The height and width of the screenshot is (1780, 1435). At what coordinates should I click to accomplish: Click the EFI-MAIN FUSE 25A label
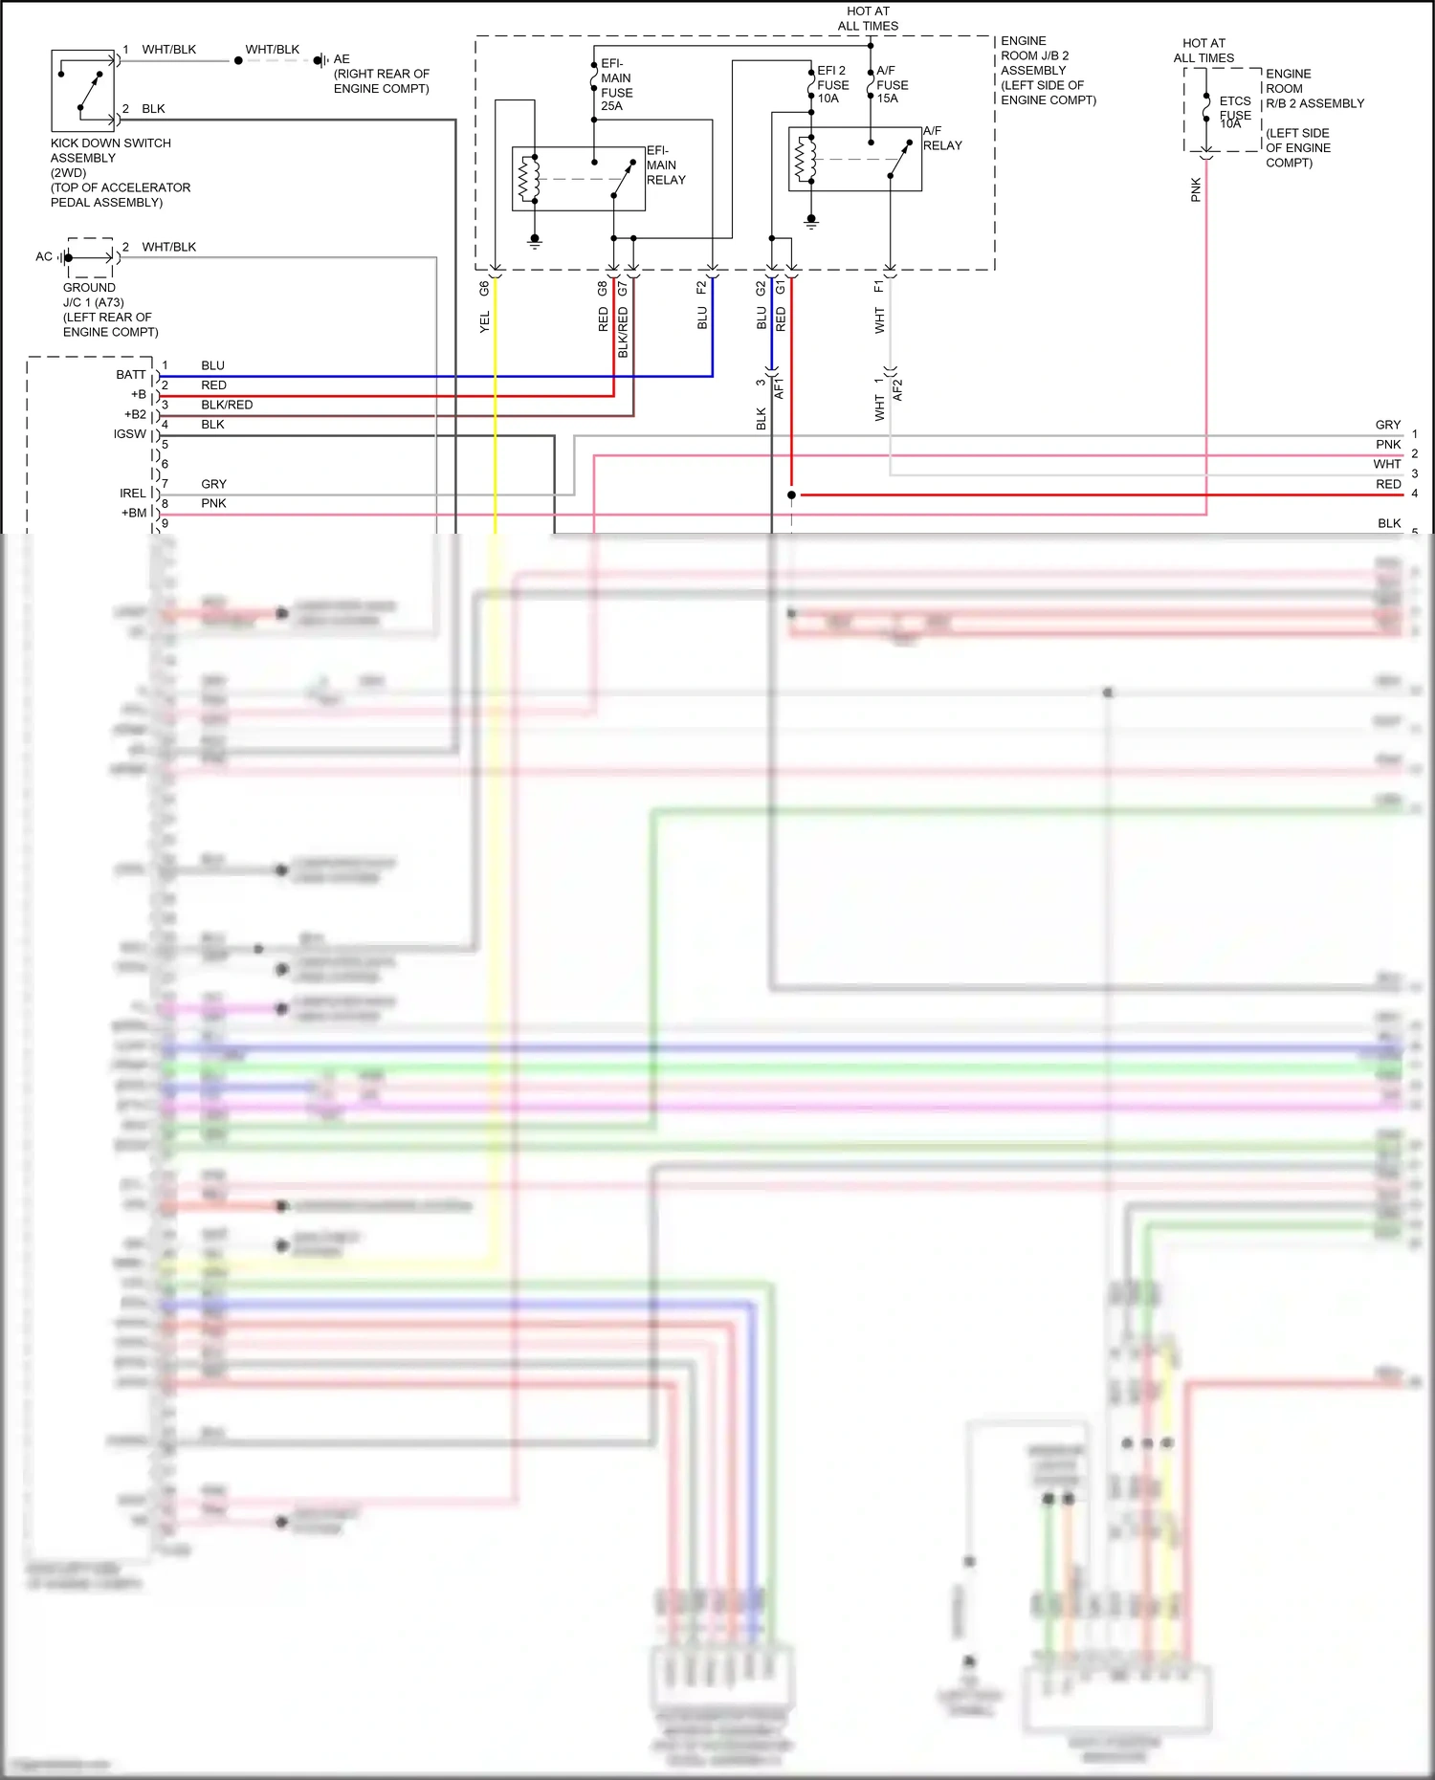pos(616,85)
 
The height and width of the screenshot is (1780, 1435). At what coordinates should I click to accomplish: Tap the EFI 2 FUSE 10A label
pos(832,84)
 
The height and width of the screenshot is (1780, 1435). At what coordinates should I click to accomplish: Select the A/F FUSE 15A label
pos(892,84)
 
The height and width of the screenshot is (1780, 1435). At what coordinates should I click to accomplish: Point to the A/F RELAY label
pos(942,138)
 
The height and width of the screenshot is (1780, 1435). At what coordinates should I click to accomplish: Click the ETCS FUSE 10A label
pos(1234,112)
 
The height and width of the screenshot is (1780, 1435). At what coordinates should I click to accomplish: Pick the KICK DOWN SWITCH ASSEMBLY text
pos(110,150)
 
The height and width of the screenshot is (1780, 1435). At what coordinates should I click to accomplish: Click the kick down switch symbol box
pos(82,90)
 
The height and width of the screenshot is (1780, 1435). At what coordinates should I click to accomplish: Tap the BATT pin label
pos(131,375)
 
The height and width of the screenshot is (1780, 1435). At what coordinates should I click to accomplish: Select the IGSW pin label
pos(130,434)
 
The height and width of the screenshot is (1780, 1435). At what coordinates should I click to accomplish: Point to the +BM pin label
pos(134,513)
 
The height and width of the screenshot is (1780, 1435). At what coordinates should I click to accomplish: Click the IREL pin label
pos(133,494)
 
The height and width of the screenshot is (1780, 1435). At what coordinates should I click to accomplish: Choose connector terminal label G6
pos(485,287)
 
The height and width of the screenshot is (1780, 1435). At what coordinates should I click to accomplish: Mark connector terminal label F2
pos(702,287)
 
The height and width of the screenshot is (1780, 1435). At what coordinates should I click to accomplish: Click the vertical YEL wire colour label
pos(485,322)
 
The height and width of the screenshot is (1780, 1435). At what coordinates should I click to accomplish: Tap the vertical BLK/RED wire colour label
pos(624,332)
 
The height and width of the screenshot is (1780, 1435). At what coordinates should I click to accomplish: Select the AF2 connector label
pos(897,389)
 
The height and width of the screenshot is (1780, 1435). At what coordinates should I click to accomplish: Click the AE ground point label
pos(342,59)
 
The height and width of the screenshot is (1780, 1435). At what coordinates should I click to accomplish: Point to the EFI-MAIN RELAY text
pos(666,165)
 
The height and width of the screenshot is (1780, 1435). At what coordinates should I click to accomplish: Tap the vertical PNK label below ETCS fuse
pos(1196,189)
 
